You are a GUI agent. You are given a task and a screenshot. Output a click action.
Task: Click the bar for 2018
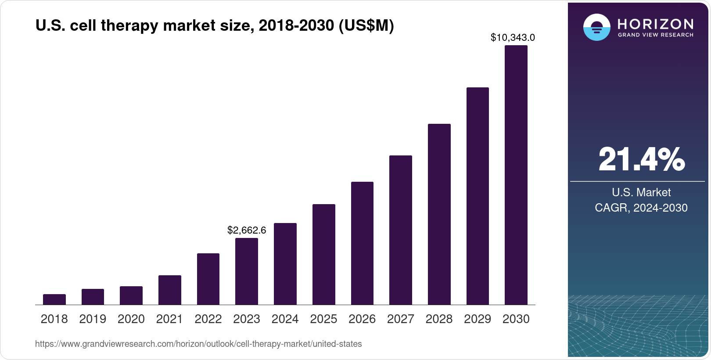[54, 299]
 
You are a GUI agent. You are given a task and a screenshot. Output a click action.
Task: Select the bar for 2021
[170, 290]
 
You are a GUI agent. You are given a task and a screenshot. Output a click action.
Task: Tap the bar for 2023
[247, 271]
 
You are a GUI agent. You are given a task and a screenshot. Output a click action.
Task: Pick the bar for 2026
[362, 243]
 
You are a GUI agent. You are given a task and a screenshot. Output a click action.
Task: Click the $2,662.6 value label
[247, 230]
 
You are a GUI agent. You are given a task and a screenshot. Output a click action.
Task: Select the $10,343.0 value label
[513, 38]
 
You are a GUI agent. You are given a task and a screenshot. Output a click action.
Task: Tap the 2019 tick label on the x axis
[93, 319]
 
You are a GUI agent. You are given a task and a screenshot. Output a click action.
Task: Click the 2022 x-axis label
[208, 319]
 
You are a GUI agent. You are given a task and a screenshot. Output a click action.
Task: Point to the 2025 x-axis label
[323, 319]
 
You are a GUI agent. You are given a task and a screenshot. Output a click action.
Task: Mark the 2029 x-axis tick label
[478, 319]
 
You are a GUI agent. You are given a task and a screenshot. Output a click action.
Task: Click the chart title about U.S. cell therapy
[215, 26]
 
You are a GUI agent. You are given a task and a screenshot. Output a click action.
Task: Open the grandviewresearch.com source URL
[198, 344]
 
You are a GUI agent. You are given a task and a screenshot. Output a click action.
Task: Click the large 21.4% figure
[641, 159]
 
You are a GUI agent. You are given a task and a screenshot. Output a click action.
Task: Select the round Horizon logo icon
[596, 28]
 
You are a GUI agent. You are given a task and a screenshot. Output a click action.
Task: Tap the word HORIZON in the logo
[656, 24]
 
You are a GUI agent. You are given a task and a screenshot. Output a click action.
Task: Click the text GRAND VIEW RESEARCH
[656, 35]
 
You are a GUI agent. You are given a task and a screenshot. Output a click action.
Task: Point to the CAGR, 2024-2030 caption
[641, 208]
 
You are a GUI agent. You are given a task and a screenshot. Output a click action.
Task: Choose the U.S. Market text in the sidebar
[641, 192]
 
